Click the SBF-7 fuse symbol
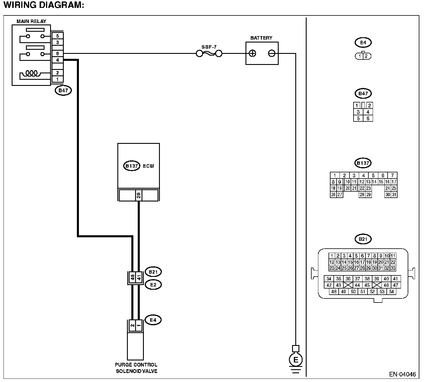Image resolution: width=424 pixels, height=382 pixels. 209,54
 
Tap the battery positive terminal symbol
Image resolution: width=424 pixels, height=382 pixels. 252,53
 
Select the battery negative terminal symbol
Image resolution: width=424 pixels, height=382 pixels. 272,53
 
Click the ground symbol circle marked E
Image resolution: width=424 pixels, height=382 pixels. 296,360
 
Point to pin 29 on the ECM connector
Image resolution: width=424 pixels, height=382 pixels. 139,195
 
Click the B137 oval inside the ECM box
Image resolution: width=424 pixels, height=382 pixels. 132,166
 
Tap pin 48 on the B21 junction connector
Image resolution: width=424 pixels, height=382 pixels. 132,277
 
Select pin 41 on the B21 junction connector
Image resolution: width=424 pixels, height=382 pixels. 139,277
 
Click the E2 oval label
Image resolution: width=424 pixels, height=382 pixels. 153,285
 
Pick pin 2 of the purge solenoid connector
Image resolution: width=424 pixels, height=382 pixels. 132,326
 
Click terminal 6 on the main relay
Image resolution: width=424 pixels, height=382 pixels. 57,54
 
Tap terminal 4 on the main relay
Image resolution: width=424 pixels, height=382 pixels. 57,60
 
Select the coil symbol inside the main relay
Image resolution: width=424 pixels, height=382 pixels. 32,73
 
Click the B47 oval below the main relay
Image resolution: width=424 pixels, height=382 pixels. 63,91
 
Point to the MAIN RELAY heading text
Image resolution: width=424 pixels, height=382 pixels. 31,21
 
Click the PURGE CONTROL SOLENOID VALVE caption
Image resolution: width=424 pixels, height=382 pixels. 136,368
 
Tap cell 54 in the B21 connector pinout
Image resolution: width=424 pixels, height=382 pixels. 391,292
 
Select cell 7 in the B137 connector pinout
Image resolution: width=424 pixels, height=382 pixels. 392,176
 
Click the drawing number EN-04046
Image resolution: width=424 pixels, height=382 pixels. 402,375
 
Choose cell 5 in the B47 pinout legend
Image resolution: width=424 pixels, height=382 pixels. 358,119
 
